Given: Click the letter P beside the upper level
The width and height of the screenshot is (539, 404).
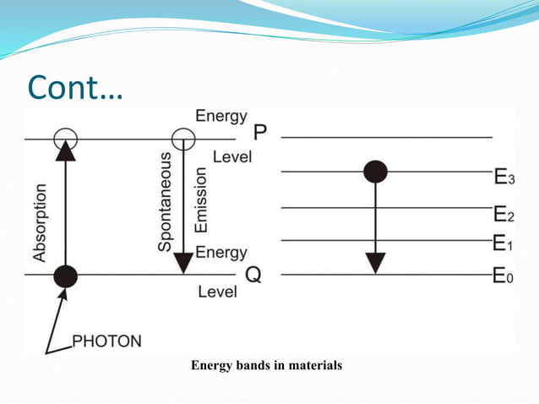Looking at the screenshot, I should (x=260, y=134).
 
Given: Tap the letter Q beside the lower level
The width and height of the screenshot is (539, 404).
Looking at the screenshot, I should (x=252, y=276).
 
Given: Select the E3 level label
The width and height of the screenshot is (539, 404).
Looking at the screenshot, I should (x=503, y=177).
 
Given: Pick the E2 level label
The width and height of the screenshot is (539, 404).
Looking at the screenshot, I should (x=503, y=212).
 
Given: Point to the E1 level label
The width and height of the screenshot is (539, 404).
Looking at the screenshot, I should (x=503, y=244).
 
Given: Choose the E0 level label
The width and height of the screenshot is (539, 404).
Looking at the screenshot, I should (x=503, y=276).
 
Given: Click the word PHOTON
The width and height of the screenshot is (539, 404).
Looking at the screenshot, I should (x=107, y=341).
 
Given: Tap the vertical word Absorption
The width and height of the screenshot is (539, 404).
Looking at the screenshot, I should (x=40, y=222).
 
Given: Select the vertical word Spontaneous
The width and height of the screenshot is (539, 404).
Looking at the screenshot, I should (x=166, y=201).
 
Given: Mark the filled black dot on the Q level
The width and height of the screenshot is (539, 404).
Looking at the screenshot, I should (x=65, y=276).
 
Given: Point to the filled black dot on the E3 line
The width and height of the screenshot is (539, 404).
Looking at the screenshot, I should (x=375, y=172).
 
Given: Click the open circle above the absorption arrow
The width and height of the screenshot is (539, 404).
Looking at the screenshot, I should (x=65, y=138).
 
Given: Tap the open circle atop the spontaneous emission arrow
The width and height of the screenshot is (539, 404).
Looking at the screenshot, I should (x=182, y=138).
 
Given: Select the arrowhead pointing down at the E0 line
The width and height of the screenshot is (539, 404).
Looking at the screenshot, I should (x=375, y=263).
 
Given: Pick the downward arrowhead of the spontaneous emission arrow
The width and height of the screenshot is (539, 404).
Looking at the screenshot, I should (x=182, y=263).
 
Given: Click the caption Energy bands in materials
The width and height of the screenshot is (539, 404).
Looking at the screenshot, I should (x=266, y=366).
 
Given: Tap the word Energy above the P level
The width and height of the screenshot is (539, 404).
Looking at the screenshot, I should (x=221, y=116).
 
